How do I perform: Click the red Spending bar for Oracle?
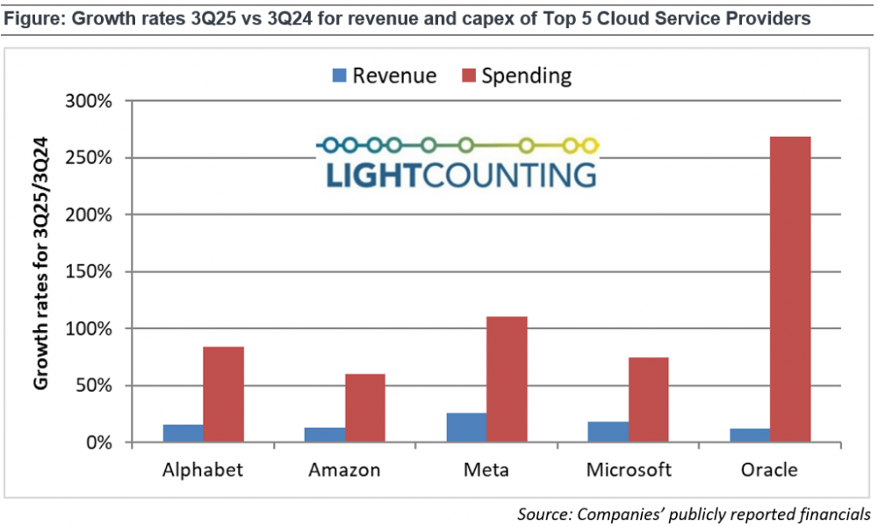(x=789, y=289)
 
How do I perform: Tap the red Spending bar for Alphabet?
(x=223, y=394)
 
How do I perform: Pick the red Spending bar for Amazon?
(x=364, y=408)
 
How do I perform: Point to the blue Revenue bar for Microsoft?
(x=608, y=432)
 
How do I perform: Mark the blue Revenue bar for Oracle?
(x=749, y=436)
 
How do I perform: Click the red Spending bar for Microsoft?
(x=648, y=400)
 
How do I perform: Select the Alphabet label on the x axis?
(x=203, y=470)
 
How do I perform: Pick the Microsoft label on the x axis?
(x=628, y=470)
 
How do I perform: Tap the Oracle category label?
(x=769, y=470)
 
